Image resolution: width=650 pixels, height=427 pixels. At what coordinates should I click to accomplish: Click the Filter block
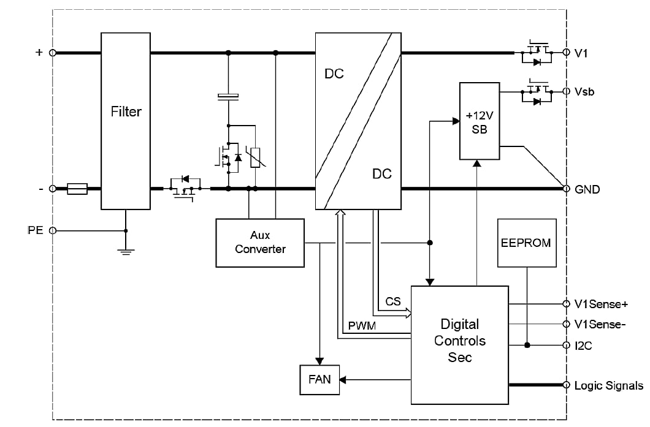[126, 121]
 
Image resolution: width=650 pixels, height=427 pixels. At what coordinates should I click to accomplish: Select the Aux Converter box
[260, 243]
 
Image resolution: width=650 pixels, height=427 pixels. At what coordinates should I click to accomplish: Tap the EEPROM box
[527, 243]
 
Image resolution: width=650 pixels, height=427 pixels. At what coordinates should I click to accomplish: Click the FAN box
[319, 379]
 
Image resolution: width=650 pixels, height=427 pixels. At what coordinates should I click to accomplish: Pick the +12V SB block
[480, 121]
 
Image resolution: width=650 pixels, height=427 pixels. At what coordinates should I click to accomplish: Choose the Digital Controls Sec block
[459, 344]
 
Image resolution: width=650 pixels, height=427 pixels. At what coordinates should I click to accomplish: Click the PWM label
[361, 326]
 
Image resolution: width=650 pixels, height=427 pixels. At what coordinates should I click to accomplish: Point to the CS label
[393, 301]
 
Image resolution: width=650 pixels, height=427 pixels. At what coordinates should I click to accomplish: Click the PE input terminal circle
[53, 230]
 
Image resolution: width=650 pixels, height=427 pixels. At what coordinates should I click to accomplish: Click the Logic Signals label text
[608, 385]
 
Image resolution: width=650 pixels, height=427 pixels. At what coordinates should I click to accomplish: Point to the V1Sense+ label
[600, 304]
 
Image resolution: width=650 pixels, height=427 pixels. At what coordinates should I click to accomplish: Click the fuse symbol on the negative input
[77, 189]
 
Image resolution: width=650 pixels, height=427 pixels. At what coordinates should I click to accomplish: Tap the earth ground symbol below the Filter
[126, 251]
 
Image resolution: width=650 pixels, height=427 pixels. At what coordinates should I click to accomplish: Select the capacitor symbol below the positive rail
[228, 96]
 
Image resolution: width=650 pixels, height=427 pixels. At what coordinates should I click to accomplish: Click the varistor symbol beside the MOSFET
[255, 157]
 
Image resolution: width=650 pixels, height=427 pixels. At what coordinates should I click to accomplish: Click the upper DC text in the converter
[334, 75]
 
